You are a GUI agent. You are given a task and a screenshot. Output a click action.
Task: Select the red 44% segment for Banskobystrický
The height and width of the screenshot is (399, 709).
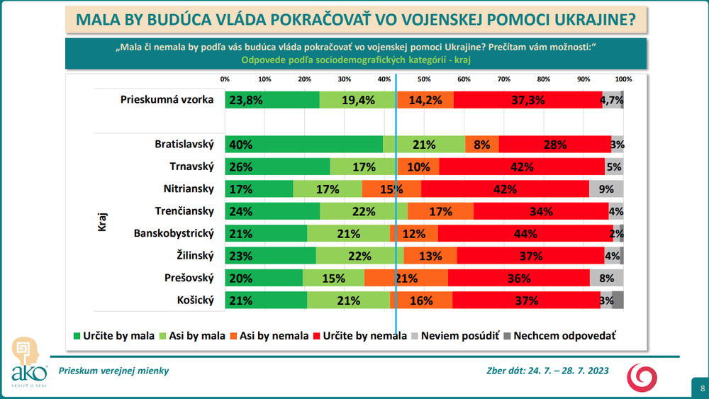pyautogui.click(x=525, y=234)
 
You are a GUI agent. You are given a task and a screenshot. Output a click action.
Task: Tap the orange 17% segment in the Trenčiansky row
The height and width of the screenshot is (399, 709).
pyautogui.click(x=440, y=211)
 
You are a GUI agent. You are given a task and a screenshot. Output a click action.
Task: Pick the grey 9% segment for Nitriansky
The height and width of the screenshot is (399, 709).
pyautogui.click(x=606, y=189)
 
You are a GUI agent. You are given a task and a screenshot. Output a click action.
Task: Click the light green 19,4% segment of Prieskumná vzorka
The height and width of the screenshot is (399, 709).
pyautogui.click(x=358, y=100)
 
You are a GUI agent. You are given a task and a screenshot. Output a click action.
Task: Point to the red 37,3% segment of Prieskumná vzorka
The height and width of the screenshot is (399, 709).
pyautogui.click(x=528, y=100)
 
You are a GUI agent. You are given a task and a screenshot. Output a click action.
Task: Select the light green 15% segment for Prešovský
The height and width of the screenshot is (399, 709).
pyautogui.click(x=333, y=279)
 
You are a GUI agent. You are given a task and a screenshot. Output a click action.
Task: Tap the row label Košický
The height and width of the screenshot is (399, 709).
pyautogui.click(x=195, y=300)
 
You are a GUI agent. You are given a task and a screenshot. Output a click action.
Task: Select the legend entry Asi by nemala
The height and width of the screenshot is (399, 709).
pyautogui.click(x=273, y=335)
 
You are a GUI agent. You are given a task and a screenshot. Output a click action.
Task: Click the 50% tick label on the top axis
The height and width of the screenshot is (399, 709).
pyautogui.click(x=424, y=79)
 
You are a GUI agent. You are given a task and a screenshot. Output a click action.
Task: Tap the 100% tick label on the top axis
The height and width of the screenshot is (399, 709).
pyautogui.click(x=623, y=79)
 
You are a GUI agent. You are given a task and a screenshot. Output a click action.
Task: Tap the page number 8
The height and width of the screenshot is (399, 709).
pyautogui.click(x=702, y=388)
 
